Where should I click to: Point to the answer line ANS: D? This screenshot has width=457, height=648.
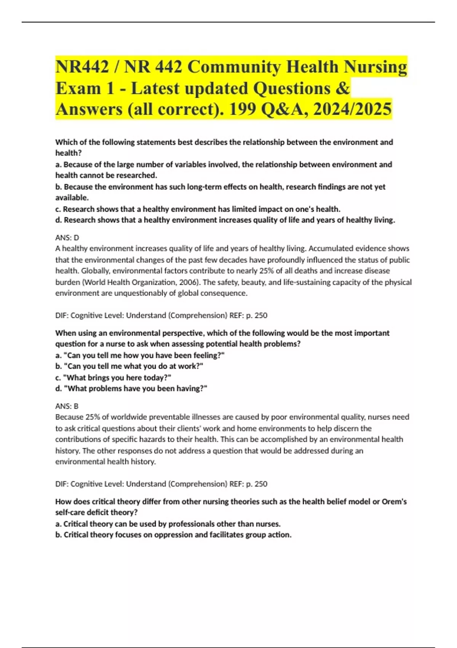coord(67,237)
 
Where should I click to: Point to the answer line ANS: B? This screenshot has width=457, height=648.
coord(67,406)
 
